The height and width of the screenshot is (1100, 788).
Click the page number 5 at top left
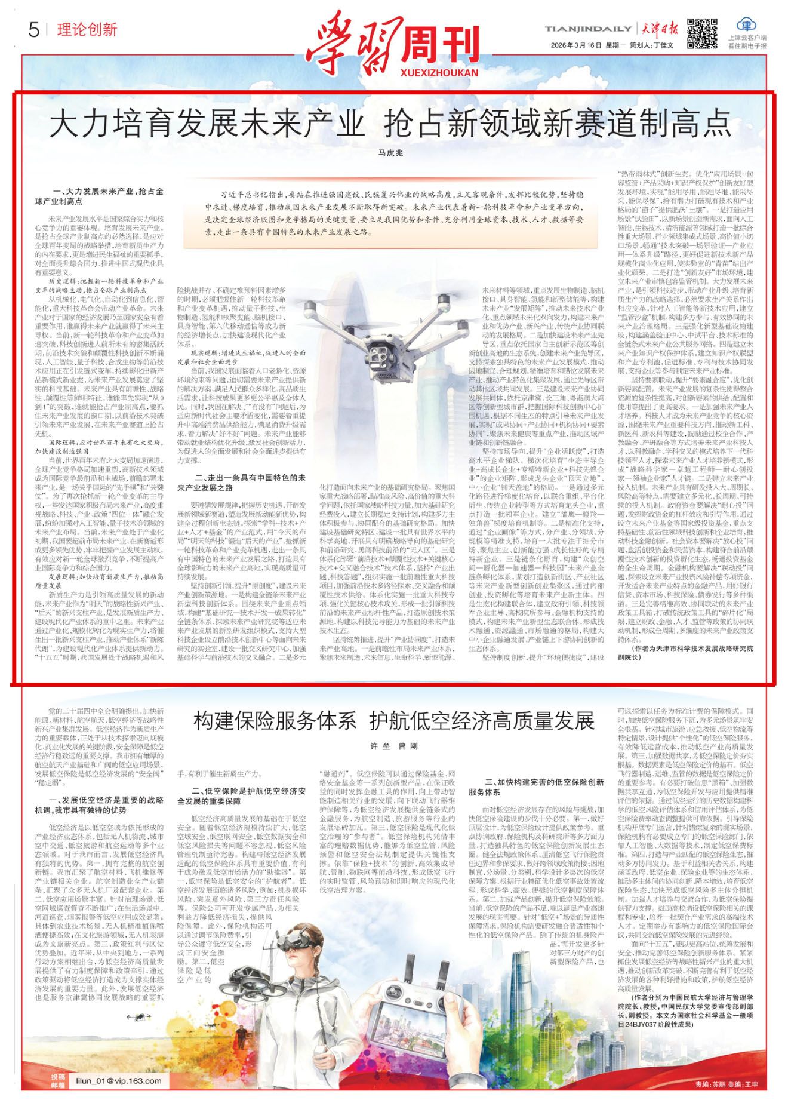tap(33, 29)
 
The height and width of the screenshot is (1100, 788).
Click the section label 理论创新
tap(87, 30)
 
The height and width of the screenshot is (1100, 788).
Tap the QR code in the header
tap(701, 33)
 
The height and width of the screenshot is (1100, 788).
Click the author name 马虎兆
tap(391, 153)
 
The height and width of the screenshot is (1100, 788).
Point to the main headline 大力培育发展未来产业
tap(207, 124)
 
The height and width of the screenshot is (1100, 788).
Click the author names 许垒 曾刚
tap(394, 746)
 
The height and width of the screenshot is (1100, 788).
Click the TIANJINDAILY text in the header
tap(587, 29)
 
